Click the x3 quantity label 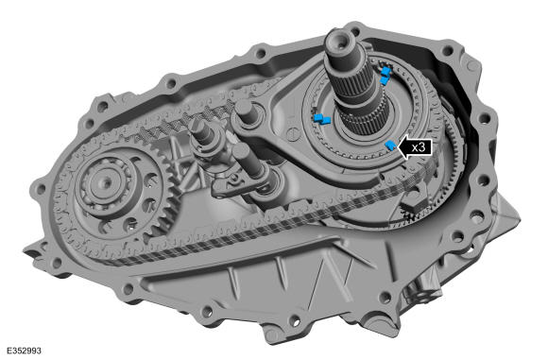coord(419,147)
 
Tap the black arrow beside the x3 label coord(415,147)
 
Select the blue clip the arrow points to coord(390,145)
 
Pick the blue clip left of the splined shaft coord(322,119)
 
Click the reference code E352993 coord(24,351)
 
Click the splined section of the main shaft coord(353,83)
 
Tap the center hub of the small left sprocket coord(105,182)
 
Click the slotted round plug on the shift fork coord(293,134)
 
